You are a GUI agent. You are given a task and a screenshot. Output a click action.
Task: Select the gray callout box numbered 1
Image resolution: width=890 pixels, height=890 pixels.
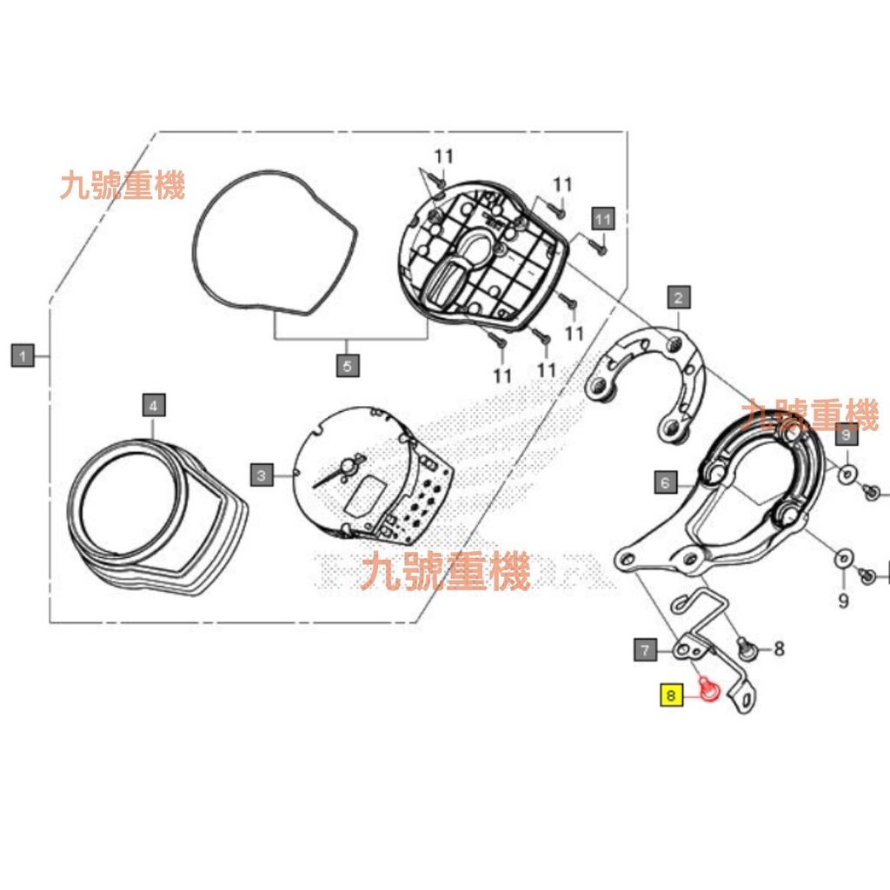pos(23,355)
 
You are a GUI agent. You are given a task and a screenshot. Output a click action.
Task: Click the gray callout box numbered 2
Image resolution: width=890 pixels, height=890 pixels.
pos(679,298)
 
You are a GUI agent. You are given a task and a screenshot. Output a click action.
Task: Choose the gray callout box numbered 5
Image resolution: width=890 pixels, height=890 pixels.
pos(347,366)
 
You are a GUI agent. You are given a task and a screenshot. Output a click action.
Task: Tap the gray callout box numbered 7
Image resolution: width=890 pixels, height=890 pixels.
pos(645,648)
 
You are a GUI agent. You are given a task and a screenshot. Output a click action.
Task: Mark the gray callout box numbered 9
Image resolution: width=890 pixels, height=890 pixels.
pos(846,434)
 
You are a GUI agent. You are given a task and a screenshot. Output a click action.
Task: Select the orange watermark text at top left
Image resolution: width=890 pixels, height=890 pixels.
pos(123,185)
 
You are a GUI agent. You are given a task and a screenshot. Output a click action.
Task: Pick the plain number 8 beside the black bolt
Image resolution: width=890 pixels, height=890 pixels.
pos(779,648)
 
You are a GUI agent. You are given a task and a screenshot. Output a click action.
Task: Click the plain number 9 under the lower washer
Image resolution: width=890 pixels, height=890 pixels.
pos(843,601)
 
